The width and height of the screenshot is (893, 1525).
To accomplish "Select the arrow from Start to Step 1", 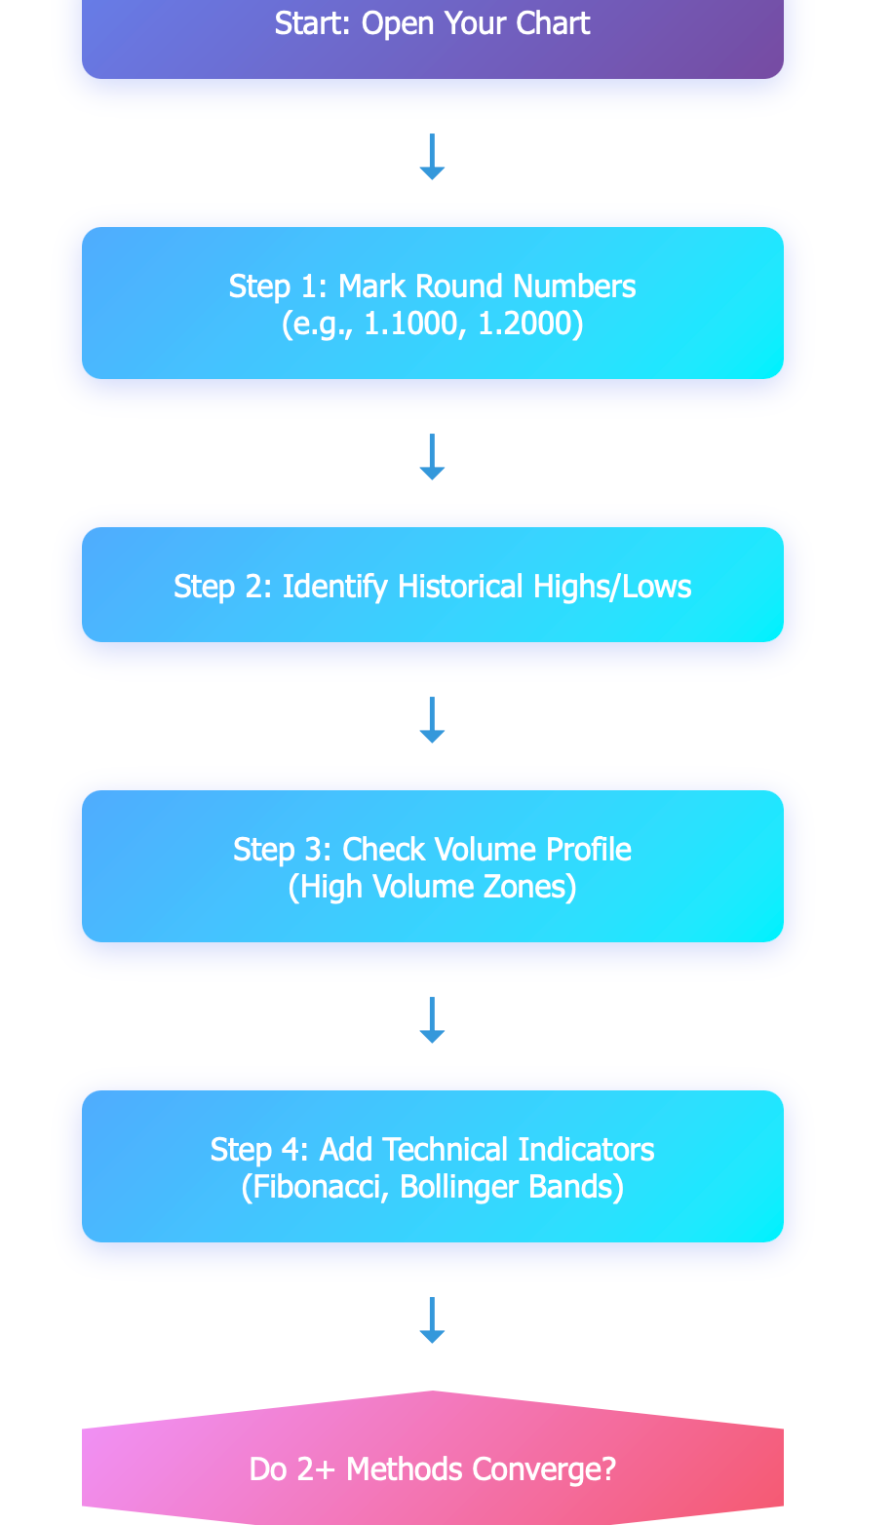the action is tap(432, 157).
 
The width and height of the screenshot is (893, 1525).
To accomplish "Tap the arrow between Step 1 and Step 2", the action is tap(432, 457).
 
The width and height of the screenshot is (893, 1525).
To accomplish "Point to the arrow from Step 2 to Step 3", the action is tap(432, 719).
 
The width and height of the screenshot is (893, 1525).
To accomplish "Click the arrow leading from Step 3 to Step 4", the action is tap(432, 1020).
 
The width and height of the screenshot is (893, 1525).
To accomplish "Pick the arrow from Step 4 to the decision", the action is tap(432, 1320).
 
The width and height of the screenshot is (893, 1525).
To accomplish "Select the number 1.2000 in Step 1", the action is tap(525, 324).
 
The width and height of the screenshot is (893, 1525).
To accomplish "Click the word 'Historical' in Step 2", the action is tap(460, 587).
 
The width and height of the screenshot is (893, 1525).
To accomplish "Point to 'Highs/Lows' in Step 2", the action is tap(612, 587).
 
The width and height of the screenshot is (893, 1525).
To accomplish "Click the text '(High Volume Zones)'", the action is tap(433, 887).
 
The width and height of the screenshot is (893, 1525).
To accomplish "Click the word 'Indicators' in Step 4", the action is tap(586, 1149).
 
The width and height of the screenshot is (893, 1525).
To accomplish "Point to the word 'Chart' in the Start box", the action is tap(553, 23).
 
